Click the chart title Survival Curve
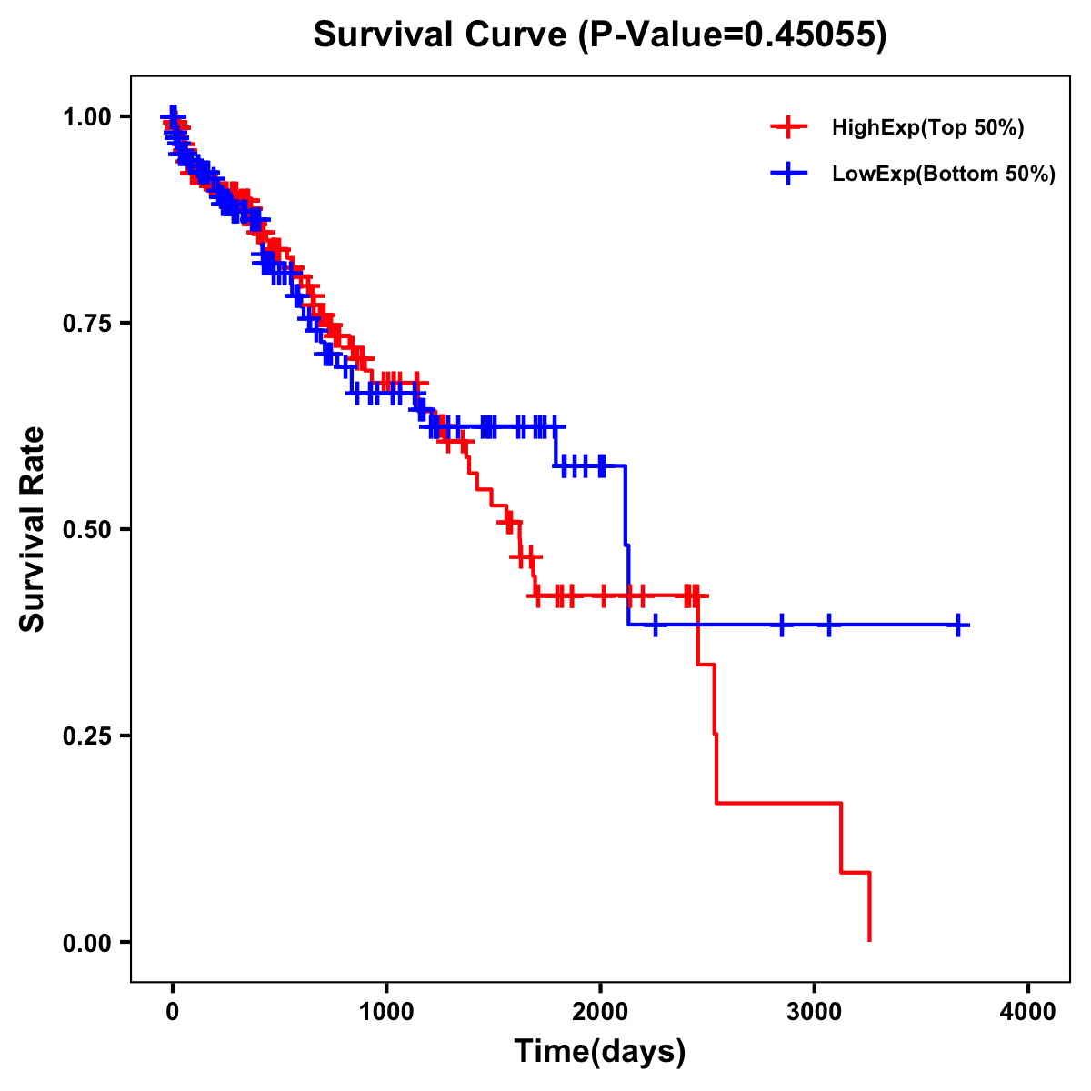coord(599,35)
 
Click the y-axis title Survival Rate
coord(33,529)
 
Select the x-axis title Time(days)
coord(599,1051)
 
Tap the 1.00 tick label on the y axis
coord(86,117)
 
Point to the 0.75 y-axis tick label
coord(86,324)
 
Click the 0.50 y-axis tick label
coord(86,530)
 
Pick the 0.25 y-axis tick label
coord(86,736)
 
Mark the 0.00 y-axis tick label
coord(86,943)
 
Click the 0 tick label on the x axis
coord(173,1011)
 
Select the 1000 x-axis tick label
coord(386,1011)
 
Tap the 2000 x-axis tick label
coord(600,1011)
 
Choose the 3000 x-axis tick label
coord(814,1011)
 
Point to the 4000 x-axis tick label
coord(1028,1011)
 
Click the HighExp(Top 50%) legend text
coord(927,128)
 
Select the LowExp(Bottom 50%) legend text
coord(944,175)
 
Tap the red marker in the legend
coord(788,127)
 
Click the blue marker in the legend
coord(788,174)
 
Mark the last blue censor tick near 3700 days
coord(958,625)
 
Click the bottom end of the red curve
coord(870,940)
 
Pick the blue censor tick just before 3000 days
coord(781,625)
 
